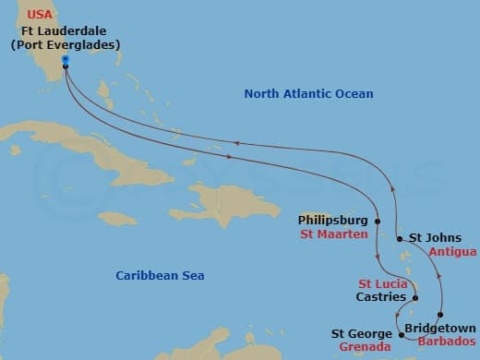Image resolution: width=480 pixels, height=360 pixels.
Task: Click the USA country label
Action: click(x=42, y=14)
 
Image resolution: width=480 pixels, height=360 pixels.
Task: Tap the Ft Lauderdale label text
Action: click(x=64, y=30)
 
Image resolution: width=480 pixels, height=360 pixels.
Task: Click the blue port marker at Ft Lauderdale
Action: click(x=66, y=61)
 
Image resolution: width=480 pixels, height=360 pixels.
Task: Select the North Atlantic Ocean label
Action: click(x=308, y=94)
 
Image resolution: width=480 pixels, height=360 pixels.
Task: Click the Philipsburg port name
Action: click(x=333, y=221)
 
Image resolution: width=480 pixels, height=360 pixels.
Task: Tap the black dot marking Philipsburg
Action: click(x=378, y=222)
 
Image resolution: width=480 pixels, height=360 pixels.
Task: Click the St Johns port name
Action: click(x=431, y=237)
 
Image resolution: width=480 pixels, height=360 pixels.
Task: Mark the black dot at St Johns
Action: click(x=399, y=238)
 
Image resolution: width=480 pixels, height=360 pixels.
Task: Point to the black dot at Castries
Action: click(x=415, y=298)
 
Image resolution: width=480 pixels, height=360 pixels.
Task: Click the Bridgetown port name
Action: click(x=440, y=328)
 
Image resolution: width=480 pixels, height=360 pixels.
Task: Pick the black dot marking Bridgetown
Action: click(x=440, y=315)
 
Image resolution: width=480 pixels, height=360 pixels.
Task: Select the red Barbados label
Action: click(x=445, y=341)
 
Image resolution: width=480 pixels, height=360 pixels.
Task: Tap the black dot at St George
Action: click(x=401, y=323)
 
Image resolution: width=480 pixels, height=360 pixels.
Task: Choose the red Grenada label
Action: click(x=365, y=348)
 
